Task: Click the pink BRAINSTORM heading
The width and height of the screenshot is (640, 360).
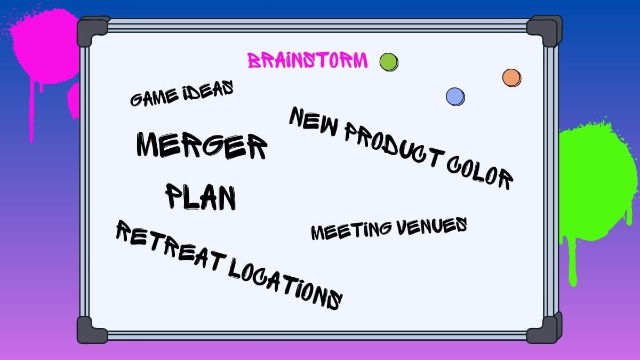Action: pyautogui.click(x=308, y=60)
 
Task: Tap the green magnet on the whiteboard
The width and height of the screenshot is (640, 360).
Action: pyautogui.click(x=389, y=62)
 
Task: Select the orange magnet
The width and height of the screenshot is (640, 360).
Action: pyautogui.click(x=511, y=78)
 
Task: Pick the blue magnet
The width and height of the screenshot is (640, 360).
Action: pyautogui.click(x=455, y=97)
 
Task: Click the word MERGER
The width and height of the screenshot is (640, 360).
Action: pyautogui.click(x=201, y=145)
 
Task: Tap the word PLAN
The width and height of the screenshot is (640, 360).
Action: pyautogui.click(x=201, y=196)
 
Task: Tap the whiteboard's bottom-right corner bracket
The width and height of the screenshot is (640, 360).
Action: pyautogui.click(x=543, y=329)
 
